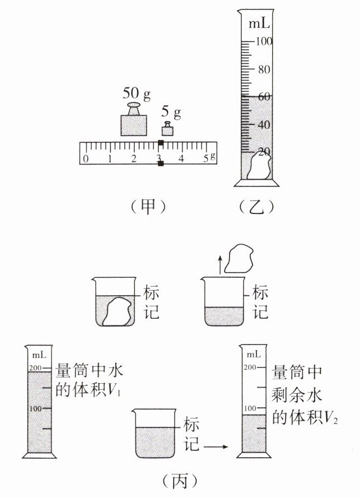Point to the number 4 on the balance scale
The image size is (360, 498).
pyautogui.click(x=181, y=159)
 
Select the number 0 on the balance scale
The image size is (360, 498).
pyautogui.click(x=85, y=159)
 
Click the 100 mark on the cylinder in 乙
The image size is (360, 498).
pyautogui.click(x=264, y=41)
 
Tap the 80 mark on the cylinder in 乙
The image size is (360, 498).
pyautogui.click(x=264, y=70)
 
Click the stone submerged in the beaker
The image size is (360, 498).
pyautogui.click(x=117, y=313)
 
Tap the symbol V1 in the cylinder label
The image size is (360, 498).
pyautogui.click(x=115, y=390)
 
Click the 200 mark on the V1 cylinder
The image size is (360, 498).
pyautogui.click(x=36, y=367)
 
